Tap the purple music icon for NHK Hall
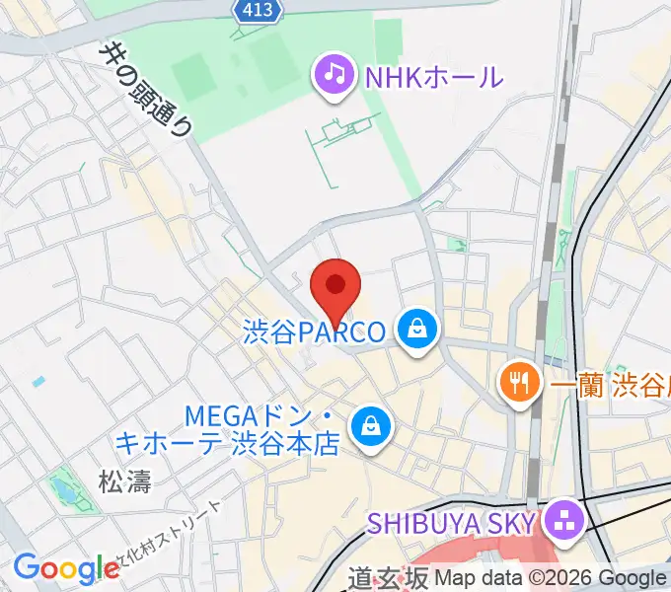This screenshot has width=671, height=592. (x=334, y=75)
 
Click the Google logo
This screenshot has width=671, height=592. (x=66, y=567)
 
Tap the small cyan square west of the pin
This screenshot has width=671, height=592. (x=38, y=381)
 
